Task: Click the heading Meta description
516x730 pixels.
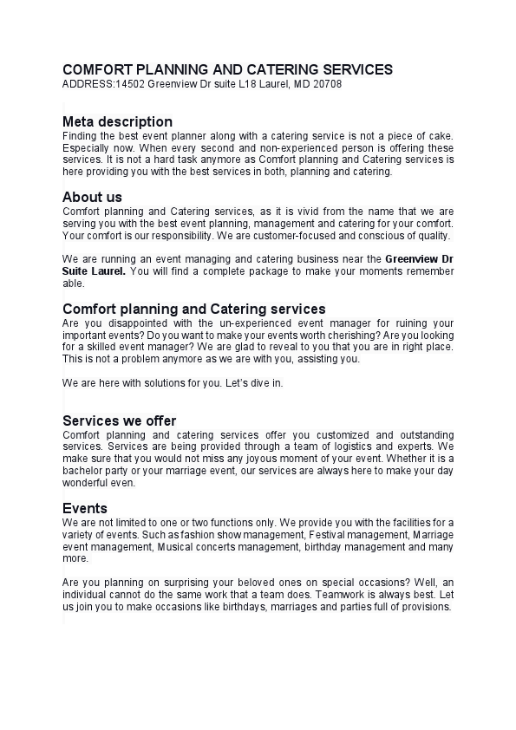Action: tap(117, 121)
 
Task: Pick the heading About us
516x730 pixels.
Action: tap(92, 197)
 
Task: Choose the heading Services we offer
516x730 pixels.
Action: tap(119, 421)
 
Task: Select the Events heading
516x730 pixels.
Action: tap(85, 508)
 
